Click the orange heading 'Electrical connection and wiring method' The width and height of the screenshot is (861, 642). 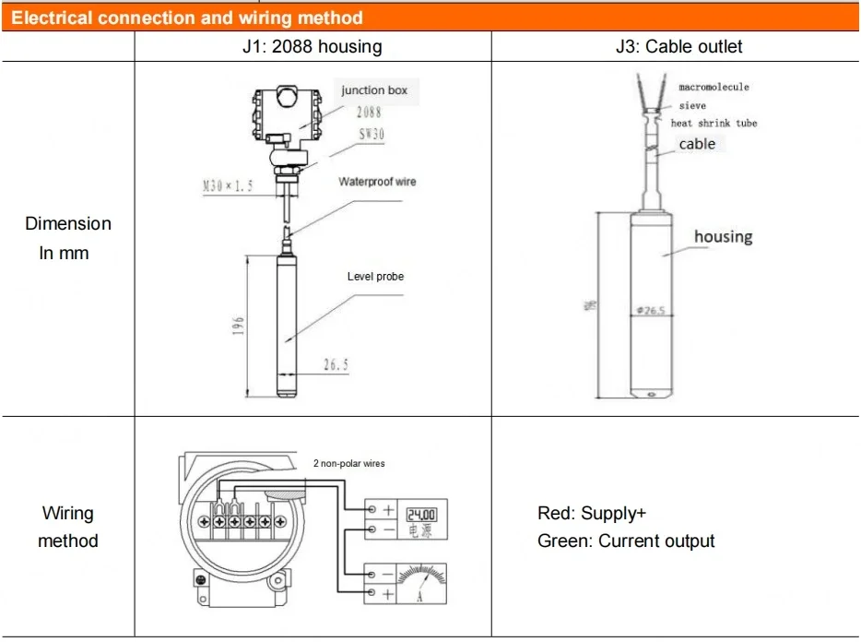pos(187,18)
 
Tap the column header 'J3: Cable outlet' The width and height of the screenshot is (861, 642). pos(678,46)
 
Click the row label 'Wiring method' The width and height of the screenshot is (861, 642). pos(67,527)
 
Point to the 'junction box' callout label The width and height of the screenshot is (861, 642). pos(374,90)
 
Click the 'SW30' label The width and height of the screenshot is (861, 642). pos(372,135)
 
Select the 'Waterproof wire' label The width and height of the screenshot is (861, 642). pos(377,182)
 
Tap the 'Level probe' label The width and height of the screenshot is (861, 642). pos(375,277)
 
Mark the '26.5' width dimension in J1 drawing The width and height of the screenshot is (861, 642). pos(336,365)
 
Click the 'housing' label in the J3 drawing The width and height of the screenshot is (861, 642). pos(723,237)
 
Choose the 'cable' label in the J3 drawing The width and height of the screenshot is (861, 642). pos(697,144)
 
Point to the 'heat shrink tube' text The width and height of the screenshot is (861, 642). pos(714,124)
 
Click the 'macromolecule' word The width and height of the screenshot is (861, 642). pos(714,87)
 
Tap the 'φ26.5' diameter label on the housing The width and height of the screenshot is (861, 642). pos(650,311)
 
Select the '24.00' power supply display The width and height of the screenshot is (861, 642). pos(422,515)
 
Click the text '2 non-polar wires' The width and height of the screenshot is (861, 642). pos(343,463)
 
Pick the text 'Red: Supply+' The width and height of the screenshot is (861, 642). pos(586,514)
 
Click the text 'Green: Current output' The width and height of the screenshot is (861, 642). pos(626,541)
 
